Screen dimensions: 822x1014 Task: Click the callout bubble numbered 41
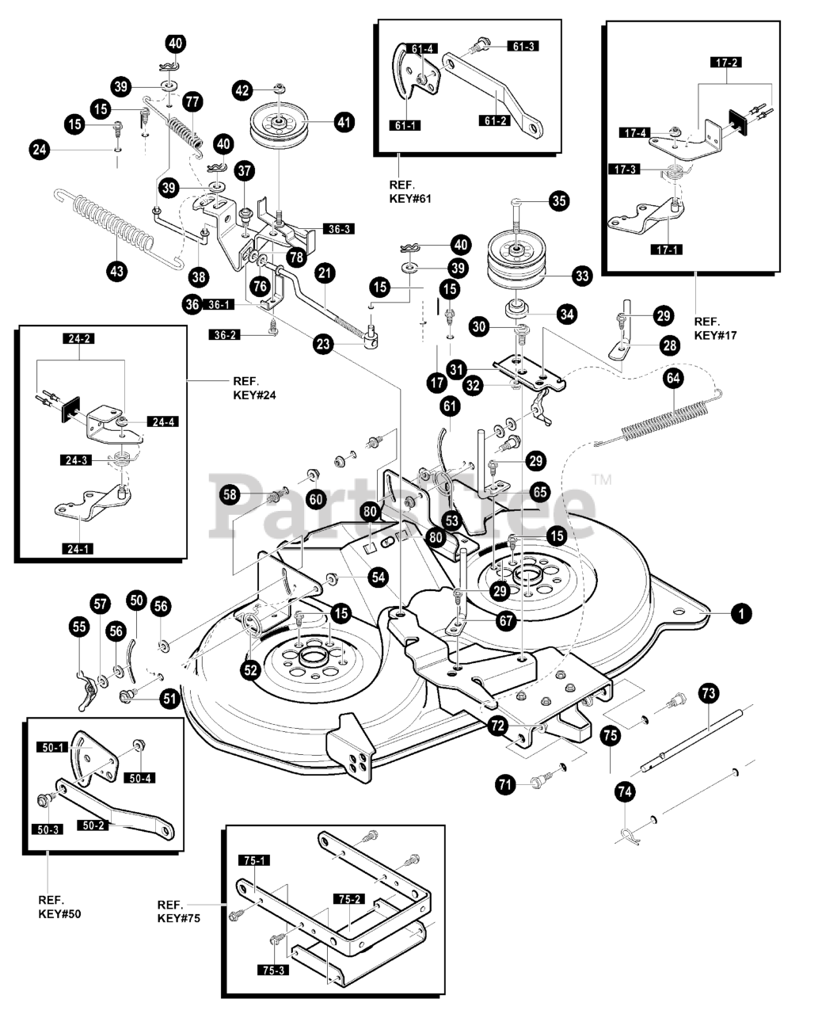(x=344, y=122)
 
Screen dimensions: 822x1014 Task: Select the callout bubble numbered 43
(x=116, y=272)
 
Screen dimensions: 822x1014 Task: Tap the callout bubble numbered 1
(x=741, y=613)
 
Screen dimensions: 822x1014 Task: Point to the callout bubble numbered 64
(x=673, y=379)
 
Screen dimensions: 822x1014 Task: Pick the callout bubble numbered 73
(x=709, y=693)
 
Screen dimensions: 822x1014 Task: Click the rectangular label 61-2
(x=495, y=120)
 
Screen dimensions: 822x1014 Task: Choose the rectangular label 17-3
(x=625, y=169)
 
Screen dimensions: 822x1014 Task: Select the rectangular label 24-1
(x=78, y=549)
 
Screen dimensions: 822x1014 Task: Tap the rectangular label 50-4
(x=140, y=778)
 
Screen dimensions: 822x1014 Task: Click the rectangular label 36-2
(x=225, y=335)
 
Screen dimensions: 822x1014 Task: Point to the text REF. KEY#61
(x=409, y=192)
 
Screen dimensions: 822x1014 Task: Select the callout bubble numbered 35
(x=559, y=201)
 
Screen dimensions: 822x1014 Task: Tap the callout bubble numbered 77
(x=192, y=102)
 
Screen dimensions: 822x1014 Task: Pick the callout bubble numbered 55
(x=79, y=627)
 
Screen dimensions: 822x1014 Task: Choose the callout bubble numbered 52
(x=251, y=670)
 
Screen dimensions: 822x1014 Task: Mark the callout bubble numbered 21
(x=325, y=273)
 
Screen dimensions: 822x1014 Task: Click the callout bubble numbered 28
(x=670, y=345)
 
